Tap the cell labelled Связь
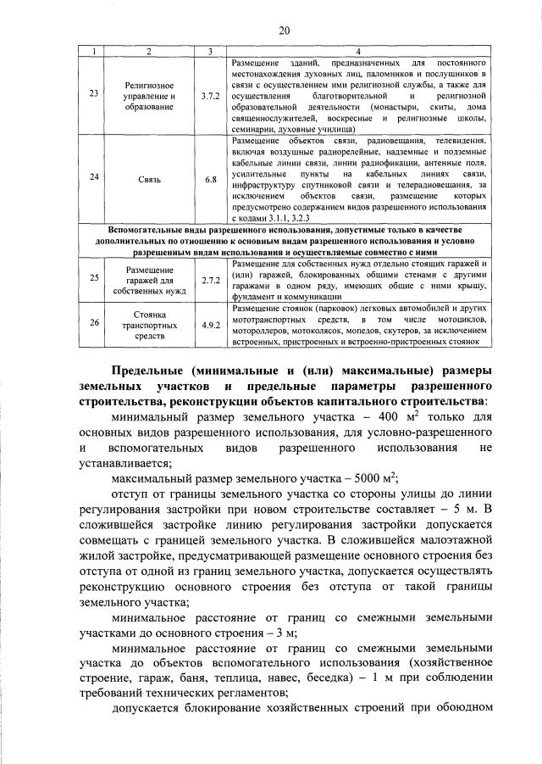point(148,181)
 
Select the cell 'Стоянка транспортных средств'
point(148,324)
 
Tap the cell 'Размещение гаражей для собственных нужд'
point(148,278)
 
